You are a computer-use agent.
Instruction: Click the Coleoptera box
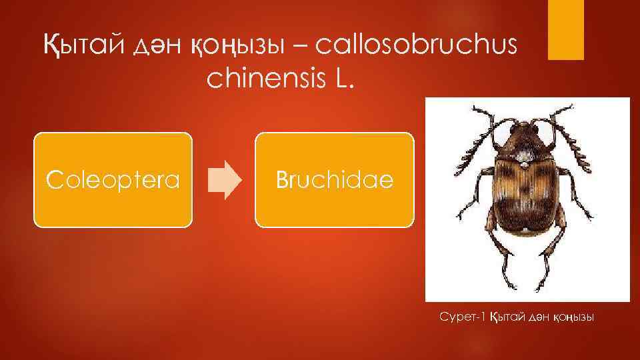113,180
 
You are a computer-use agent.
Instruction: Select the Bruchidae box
335,180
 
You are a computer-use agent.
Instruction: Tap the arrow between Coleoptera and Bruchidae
225,180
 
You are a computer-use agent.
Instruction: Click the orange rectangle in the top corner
565,30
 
